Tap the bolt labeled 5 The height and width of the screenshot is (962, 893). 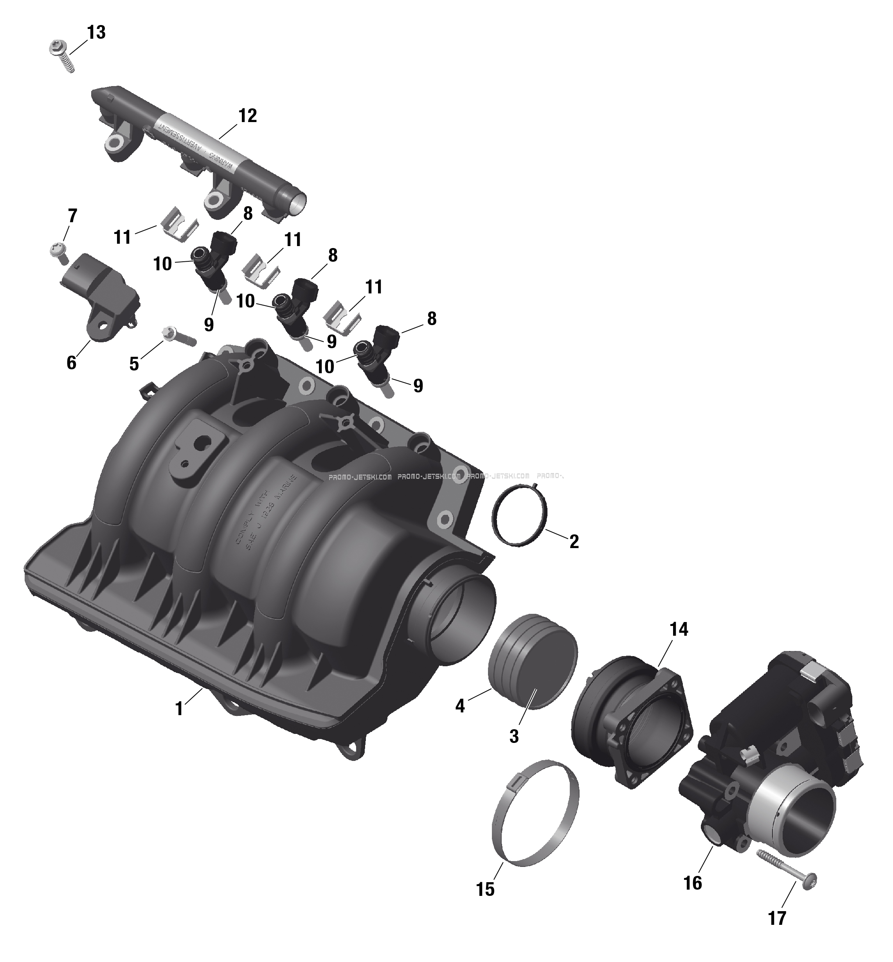(180, 337)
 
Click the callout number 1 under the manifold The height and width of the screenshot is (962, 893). (179, 709)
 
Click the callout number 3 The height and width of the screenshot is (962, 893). (514, 736)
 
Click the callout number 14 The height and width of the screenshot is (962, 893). (679, 629)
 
